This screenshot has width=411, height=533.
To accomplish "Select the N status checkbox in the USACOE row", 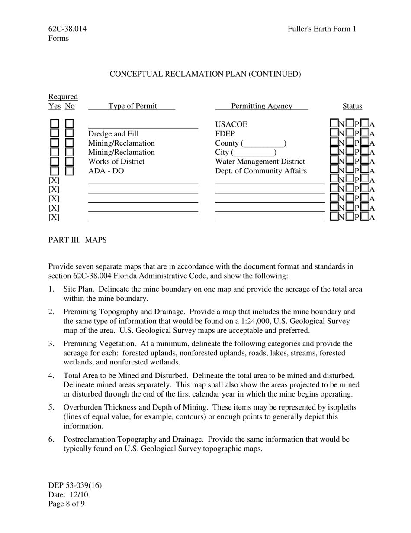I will pyautogui.click(x=334, y=124).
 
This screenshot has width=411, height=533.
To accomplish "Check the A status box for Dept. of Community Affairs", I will pyautogui.click(x=365, y=170).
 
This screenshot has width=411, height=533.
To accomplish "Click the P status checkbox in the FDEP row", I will pyautogui.click(x=350, y=133).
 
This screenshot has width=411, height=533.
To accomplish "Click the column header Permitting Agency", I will pyautogui.click(x=261, y=106).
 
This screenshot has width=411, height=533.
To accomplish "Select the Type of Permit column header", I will pyautogui.click(x=132, y=106).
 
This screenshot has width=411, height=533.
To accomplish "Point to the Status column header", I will pyautogui.click(x=352, y=106).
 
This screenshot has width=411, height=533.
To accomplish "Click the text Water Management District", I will pyautogui.click(x=260, y=162).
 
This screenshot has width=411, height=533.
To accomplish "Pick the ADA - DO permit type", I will pyautogui.click(x=106, y=171).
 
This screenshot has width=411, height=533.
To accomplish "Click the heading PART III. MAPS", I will pyautogui.click(x=77, y=240).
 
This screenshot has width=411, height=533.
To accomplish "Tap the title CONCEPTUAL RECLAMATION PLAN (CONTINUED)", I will pyautogui.click(x=205, y=74).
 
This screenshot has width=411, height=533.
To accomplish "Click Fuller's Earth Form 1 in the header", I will pyautogui.click(x=322, y=29).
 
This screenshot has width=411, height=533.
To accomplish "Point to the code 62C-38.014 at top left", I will pyautogui.click(x=67, y=29).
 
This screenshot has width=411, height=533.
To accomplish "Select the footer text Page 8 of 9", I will pyautogui.click(x=67, y=504).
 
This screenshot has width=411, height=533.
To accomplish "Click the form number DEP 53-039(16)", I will pyautogui.click(x=75, y=485).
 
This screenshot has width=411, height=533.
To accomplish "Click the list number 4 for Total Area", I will pyautogui.click(x=51, y=375).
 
